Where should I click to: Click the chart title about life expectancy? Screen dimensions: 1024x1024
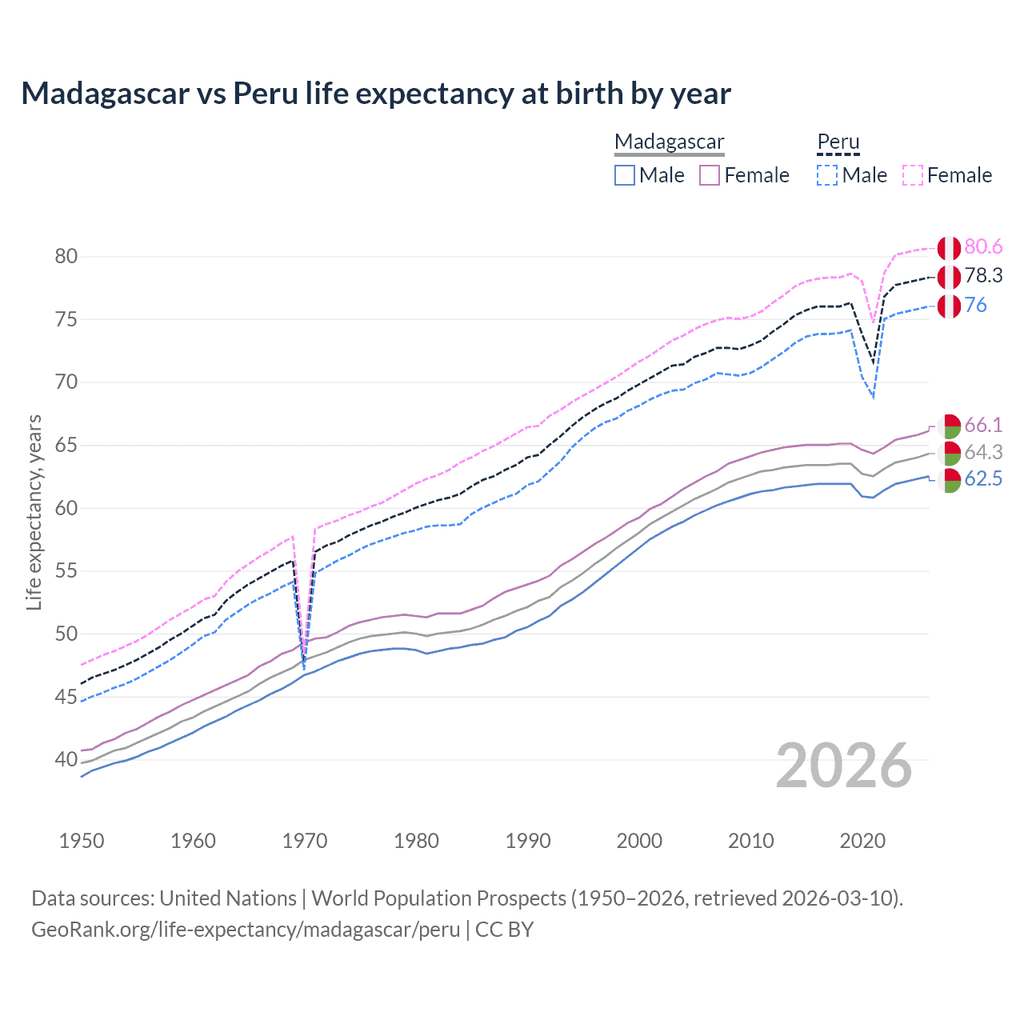[x=376, y=94]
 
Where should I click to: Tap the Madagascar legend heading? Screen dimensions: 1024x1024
[x=669, y=142]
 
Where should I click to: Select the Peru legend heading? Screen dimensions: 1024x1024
[x=838, y=142]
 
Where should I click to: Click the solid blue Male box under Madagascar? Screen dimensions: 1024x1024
[x=625, y=175]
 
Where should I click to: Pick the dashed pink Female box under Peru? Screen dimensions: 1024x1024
[x=913, y=175]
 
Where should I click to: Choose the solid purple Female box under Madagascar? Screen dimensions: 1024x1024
[x=710, y=175]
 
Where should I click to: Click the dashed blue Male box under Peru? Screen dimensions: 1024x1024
[x=827, y=175]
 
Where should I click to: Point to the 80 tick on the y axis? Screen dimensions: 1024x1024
[x=66, y=257]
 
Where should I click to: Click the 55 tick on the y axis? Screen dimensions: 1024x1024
[x=66, y=571]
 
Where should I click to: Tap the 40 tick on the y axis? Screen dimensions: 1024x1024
[x=66, y=760]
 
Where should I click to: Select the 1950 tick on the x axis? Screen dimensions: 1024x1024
[x=82, y=841]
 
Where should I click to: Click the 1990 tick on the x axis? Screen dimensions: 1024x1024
[x=528, y=841]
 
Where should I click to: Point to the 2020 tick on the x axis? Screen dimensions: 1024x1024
[x=862, y=841]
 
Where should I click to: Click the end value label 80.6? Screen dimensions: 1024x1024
[x=983, y=247]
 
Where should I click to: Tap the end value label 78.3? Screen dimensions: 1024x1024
[x=983, y=276]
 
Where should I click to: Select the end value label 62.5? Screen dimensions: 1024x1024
[x=983, y=479]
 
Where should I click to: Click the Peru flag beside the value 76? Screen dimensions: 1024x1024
[x=949, y=306]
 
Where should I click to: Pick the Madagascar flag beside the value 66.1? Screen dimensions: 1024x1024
[x=949, y=426]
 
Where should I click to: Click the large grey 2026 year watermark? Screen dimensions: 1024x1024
[x=844, y=766]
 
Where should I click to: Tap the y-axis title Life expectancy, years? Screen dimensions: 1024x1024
[x=34, y=512]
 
